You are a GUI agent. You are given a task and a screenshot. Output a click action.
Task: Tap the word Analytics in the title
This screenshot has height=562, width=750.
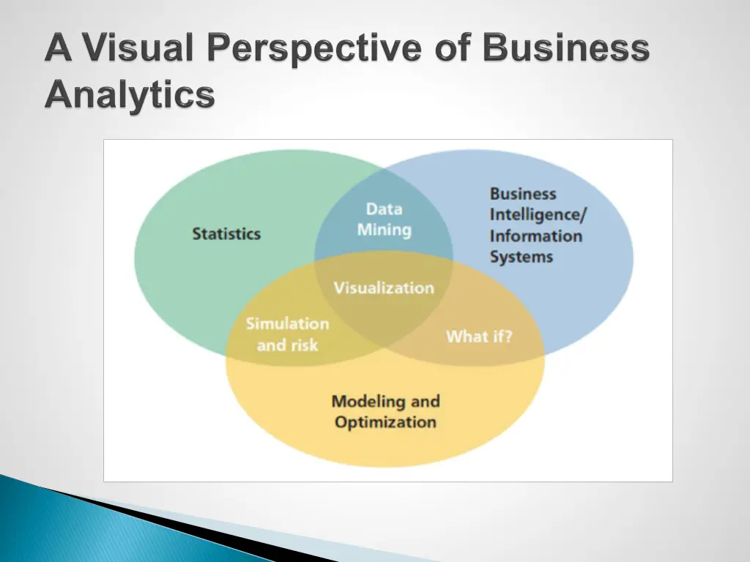coord(130,95)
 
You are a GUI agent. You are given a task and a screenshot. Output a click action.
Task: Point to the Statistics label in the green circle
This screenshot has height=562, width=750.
coord(226,234)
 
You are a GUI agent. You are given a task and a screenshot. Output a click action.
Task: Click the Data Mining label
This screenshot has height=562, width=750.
coord(384,220)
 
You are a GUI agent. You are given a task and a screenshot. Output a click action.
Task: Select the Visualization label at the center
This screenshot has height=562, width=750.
coord(384,288)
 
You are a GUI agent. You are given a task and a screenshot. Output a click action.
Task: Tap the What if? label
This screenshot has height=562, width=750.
coord(479,337)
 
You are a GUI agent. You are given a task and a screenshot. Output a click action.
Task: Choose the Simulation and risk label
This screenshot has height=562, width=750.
coord(287,334)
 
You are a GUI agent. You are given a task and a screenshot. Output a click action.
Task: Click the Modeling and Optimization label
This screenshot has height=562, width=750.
coord(385,411)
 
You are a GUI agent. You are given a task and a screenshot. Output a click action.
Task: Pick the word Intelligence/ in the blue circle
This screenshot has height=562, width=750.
coord(538,215)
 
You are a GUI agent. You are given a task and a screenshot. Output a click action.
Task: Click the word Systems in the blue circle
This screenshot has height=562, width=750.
coord(521,257)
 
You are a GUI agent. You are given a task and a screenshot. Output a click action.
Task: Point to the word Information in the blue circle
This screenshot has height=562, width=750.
coord(535,236)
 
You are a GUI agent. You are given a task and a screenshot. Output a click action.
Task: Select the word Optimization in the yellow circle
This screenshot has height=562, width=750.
coord(385,422)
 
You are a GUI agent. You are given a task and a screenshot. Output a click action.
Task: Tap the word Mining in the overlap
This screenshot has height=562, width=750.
coord(384,230)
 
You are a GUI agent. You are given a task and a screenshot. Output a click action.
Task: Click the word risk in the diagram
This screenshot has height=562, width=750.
coord(302,345)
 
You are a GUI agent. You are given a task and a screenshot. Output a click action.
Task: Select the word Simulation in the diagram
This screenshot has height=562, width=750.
coord(287,323)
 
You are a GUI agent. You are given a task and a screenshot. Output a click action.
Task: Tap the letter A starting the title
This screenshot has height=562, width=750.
coord(59,50)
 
